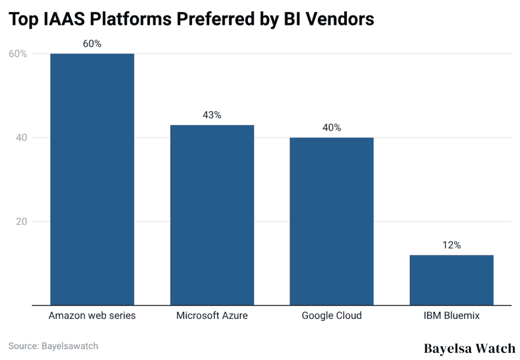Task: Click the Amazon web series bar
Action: coord(92,179)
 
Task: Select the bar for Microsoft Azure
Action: coord(212,215)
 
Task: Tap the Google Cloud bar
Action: coord(332,221)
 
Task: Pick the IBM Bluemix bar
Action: coord(451,280)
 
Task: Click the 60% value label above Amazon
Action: coord(92,44)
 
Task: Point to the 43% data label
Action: coord(212,115)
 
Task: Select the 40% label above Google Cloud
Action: coord(332,128)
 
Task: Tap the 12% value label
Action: coord(451,245)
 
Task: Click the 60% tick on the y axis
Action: coord(17,54)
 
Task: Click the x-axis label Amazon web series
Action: coord(92,316)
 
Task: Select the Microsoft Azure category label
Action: coord(212,316)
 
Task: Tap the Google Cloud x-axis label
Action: coord(332,316)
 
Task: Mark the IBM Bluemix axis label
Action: coord(451,316)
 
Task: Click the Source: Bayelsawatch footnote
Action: coord(53,346)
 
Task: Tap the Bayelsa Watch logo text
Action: coord(469,349)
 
